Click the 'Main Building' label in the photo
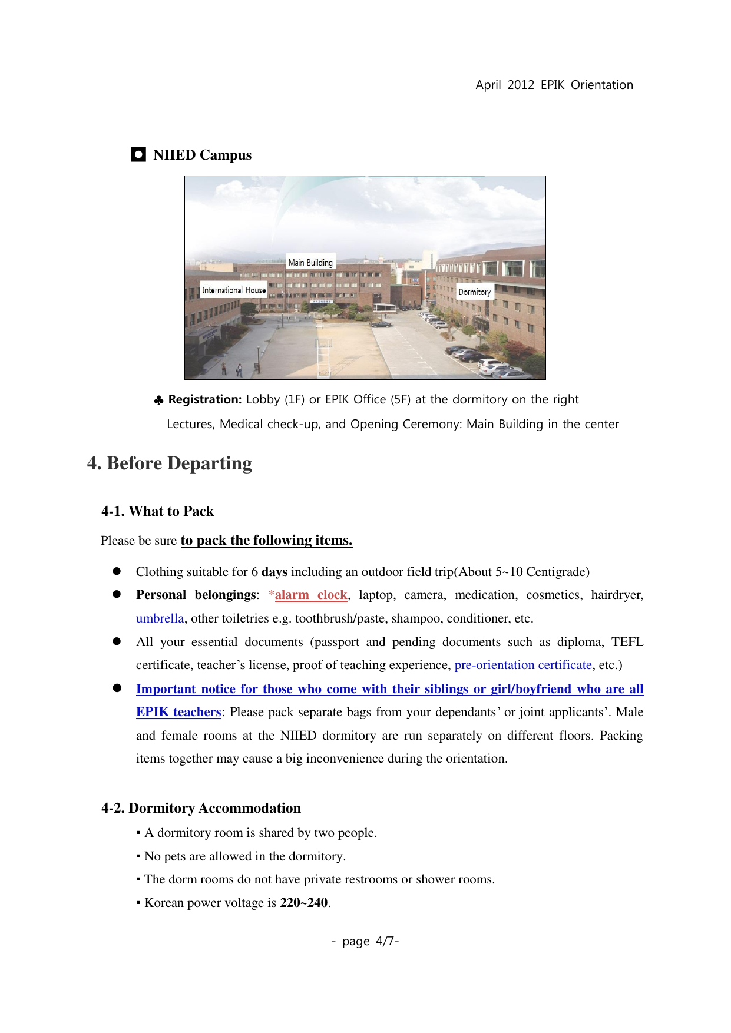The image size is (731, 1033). click(310, 263)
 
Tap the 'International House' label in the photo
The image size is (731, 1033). click(234, 290)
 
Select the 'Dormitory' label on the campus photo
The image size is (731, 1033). click(474, 292)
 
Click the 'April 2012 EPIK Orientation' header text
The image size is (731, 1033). click(554, 85)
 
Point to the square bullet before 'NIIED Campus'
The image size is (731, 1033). click(138, 155)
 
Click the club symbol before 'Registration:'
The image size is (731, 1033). click(158, 400)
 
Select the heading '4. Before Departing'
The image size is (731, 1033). click(170, 463)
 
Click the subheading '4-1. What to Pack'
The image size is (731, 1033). click(157, 511)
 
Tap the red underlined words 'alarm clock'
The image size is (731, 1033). click(311, 595)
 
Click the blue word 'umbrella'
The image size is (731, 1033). click(160, 618)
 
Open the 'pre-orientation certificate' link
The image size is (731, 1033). click(523, 665)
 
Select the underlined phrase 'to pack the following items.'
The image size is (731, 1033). click(266, 541)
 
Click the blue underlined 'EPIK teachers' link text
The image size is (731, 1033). click(178, 712)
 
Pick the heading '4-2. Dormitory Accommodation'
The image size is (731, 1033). click(201, 808)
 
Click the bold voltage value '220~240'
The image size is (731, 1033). click(304, 903)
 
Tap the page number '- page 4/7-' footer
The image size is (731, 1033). click(365, 941)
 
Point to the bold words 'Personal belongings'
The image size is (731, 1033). click(196, 595)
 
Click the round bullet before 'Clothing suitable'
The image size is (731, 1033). click(117, 571)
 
